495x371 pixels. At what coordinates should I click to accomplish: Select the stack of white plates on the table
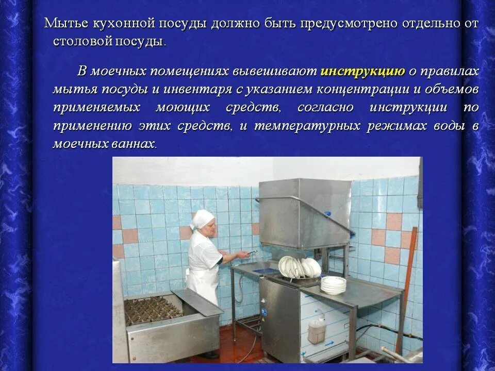pyautogui.click(x=333, y=284)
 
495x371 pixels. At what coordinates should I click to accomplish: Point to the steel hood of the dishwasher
pyautogui.click(x=304, y=206)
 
